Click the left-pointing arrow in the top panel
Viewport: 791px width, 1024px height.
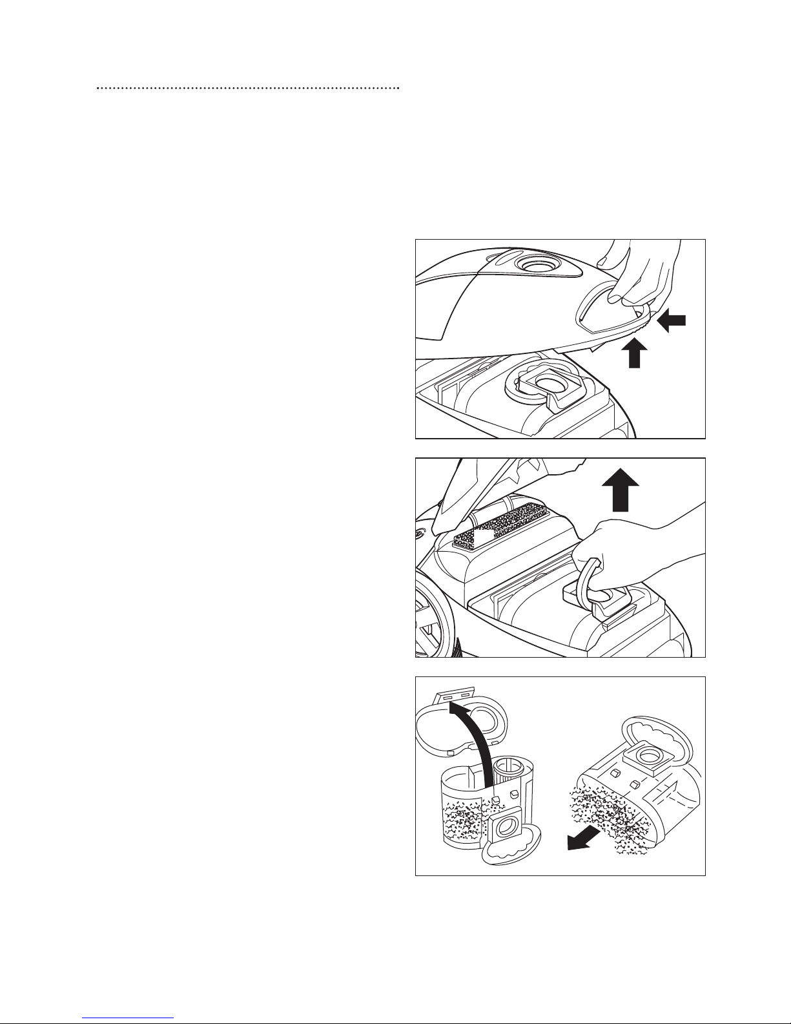(x=672, y=321)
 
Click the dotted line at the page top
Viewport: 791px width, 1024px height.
(x=248, y=87)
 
